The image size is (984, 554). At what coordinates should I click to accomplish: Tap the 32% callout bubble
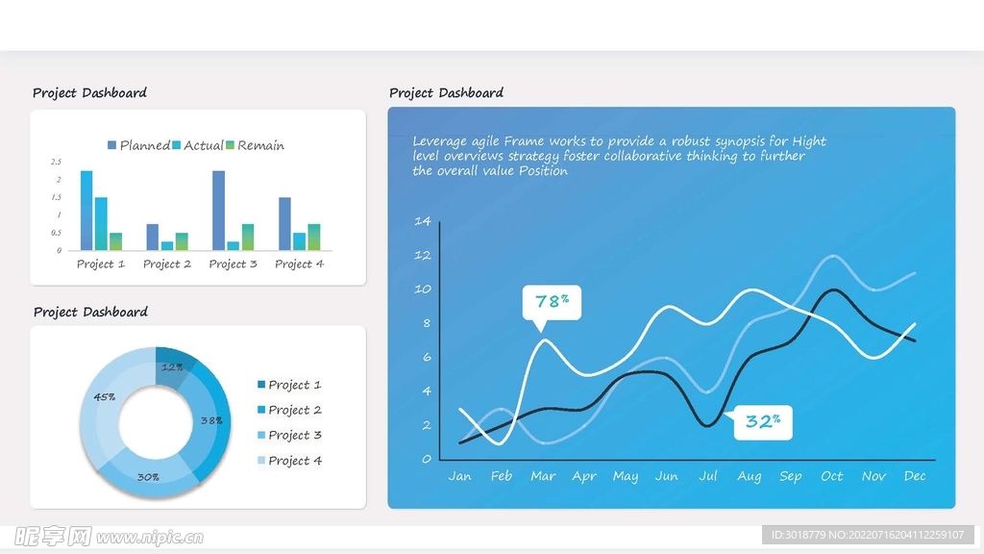tap(763, 421)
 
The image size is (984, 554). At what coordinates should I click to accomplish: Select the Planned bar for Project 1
tap(86, 211)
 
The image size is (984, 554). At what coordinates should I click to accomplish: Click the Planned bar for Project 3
tap(219, 211)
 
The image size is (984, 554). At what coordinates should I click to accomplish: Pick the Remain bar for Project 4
tap(314, 237)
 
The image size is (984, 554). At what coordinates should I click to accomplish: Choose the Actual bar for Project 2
tap(167, 245)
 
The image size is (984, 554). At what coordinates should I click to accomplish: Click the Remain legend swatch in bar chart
tap(231, 145)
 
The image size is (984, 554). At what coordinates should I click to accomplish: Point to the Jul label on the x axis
tap(708, 476)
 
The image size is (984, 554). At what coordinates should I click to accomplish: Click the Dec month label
tap(915, 476)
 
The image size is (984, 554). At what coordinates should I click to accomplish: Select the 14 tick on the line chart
tap(422, 221)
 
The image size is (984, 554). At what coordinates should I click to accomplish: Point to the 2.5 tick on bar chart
tap(57, 162)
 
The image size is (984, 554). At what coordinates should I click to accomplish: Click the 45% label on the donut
tap(105, 396)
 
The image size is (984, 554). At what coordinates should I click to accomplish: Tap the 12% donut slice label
tap(173, 367)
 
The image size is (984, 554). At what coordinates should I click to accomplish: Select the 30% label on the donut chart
tap(148, 476)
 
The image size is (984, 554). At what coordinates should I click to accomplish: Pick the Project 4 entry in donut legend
tap(295, 461)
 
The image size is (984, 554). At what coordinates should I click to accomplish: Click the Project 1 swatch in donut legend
tap(261, 385)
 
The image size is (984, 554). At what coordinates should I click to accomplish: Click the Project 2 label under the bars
tap(167, 264)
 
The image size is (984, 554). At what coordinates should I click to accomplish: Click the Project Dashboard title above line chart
tap(446, 93)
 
